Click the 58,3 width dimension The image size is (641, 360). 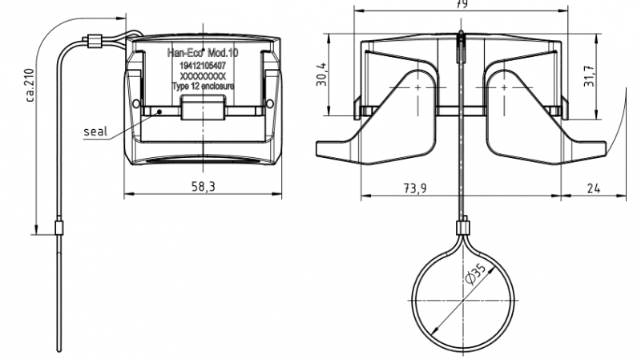(x=204, y=186)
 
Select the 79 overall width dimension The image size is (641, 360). (x=461, y=4)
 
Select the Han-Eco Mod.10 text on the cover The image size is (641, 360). (x=203, y=54)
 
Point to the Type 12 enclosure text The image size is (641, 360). (x=203, y=85)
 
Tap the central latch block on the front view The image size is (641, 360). (x=203, y=110)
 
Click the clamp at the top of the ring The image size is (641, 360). (x=462, y=227)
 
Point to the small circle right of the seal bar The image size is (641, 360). (x=269, y=104)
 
